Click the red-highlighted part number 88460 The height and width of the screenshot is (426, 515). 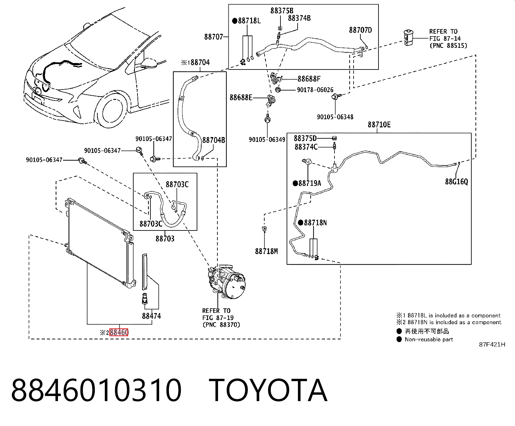point(119,332)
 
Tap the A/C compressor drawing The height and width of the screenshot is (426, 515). point(227,282)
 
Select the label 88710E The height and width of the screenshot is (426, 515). point(379,124)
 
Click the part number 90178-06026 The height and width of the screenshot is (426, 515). point(315,90)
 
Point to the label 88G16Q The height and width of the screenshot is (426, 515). point(456,182)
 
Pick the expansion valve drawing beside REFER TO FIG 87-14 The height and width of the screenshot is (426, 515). point(409,38)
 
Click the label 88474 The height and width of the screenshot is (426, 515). point(151,316)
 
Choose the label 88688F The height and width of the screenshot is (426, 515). point(309,79)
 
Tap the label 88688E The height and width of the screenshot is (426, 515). point(241,98)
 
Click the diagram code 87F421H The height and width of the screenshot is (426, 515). point(492,345)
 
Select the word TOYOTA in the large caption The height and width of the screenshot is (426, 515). point(268,390)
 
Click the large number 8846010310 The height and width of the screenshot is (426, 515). point(96,390)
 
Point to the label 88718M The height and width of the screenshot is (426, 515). point(266,251)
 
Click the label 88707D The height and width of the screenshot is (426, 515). point(360,30)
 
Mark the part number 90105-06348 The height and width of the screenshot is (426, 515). point(335,117)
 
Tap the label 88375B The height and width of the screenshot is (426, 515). point(282,11)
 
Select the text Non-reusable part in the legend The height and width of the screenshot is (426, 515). point(429,339)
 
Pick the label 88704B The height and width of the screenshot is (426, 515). point(214,140)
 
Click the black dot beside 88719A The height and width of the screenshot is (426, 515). point(295,183)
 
